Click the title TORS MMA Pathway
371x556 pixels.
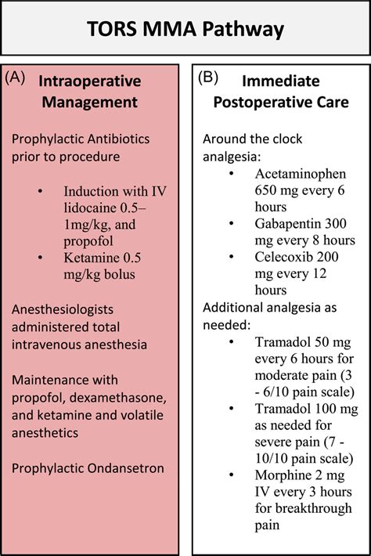pyautogui.click(x=185, y=31)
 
